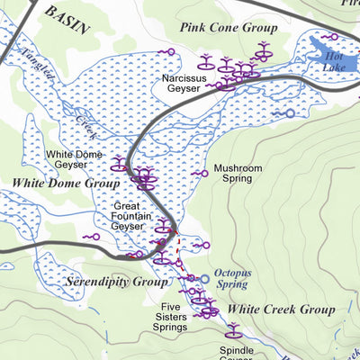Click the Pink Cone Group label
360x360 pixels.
click(x=228, y=28)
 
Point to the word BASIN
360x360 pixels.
click(x=67, y=19)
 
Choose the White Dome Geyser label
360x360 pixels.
click(x=72, y=159)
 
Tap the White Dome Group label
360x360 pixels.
click(x=66, y=184)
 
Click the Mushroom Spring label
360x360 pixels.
click(x=238, y=173)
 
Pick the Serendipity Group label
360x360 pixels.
click(x=117, y=282)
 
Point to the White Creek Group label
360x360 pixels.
click(x=280, y=310)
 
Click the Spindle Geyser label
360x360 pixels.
click(x=238, y=354)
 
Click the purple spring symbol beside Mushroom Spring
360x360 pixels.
click(x=199, y=173)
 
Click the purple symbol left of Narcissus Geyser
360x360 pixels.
click(x=166, y=52)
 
